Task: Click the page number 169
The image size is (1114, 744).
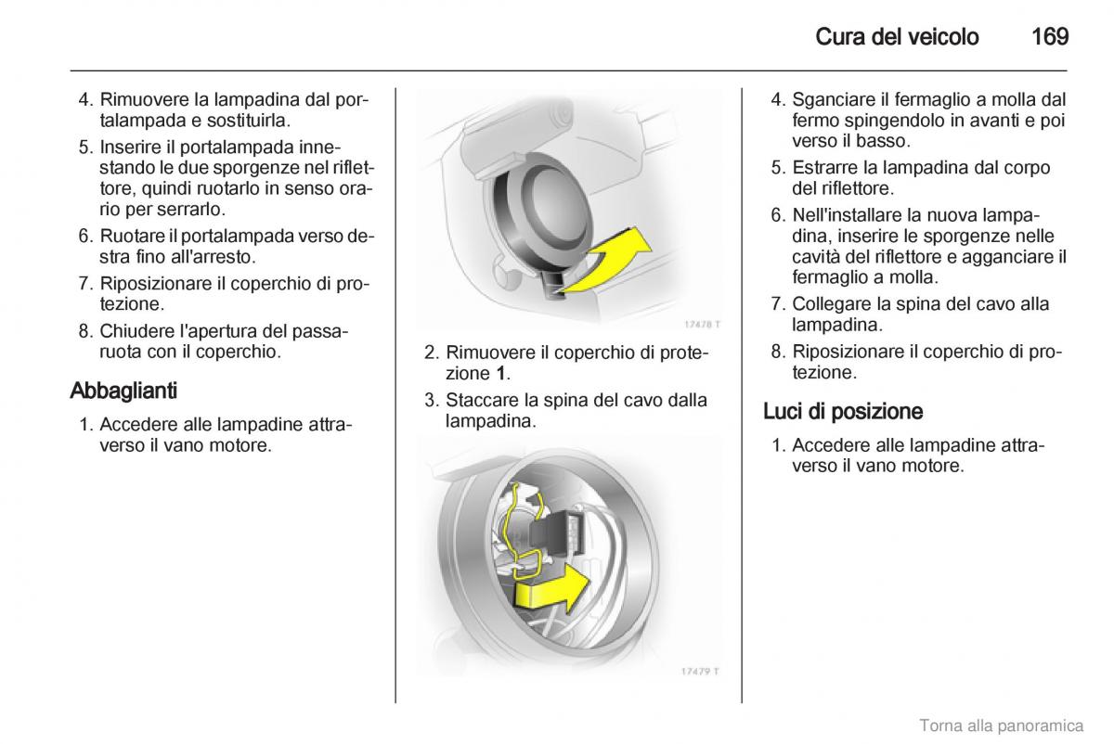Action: point(1049,37)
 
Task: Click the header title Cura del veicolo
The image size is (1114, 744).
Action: point(896,37)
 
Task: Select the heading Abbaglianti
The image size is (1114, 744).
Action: point(123,391)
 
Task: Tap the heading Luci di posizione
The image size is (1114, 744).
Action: point(843,411)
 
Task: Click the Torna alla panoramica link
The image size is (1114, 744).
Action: point(1001,725)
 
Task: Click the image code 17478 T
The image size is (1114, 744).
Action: point(702,325)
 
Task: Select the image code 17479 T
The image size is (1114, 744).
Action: point(702,671)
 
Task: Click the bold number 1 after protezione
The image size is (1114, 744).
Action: point(500,373)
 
